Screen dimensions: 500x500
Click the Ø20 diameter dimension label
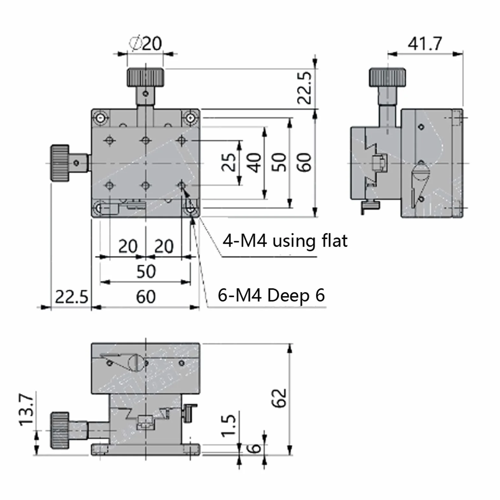pos(145,43)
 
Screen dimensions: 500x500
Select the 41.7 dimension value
pos(425,44)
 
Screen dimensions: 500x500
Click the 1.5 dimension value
pos(228,425)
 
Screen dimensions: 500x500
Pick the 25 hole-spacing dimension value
pos(229,163)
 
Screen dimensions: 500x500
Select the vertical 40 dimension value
pos(254,163)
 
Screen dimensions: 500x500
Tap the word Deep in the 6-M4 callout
pos(288,295)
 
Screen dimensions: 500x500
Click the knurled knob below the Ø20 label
pos(146,77)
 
